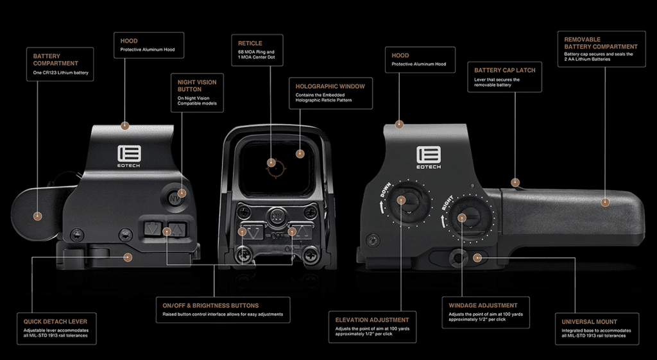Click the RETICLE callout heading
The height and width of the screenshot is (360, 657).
(250, 44)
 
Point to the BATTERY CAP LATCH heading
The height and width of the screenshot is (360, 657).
(504, 70)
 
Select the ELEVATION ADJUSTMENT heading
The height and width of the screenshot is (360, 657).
(371, 319)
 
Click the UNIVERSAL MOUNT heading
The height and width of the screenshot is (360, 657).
(589, 321)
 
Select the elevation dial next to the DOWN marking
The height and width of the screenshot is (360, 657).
(402, 199)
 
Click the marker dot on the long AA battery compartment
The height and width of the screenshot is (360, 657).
(604, 202)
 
